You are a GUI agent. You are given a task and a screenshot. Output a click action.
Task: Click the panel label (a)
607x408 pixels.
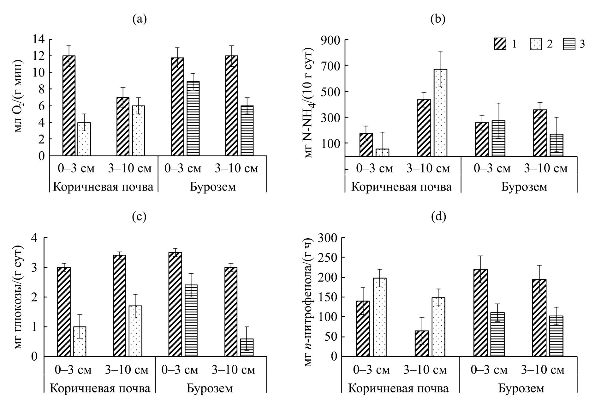click(x=140, y=20)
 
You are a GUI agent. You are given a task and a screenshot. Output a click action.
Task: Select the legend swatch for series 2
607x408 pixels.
click(x=536, y=44)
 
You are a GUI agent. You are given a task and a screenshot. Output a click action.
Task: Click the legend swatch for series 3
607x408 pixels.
click(x=569, y=44)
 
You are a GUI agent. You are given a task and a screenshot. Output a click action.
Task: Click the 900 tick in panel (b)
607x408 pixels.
click(x=330, y=40)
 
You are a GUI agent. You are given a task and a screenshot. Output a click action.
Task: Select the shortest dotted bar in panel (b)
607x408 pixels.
click(x=382, y=152)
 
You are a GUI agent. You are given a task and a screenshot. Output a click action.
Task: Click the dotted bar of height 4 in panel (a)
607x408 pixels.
click(x=84, y=139)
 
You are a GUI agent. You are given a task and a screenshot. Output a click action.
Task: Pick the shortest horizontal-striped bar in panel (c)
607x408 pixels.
click(x=247, y=347)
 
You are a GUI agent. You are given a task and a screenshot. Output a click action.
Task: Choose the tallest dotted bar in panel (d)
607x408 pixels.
click(x=379, y=317)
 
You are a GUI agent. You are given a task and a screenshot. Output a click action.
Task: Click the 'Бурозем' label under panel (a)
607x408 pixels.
click(x=213, y=187)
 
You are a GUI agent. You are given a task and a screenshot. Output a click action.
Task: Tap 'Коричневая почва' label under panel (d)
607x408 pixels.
click(x=398, y=388)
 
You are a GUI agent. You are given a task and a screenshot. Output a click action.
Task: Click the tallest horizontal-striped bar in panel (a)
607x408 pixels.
click(x=193, y=119)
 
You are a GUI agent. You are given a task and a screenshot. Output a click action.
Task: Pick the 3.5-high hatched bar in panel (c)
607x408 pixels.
click(x=175, y=304)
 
